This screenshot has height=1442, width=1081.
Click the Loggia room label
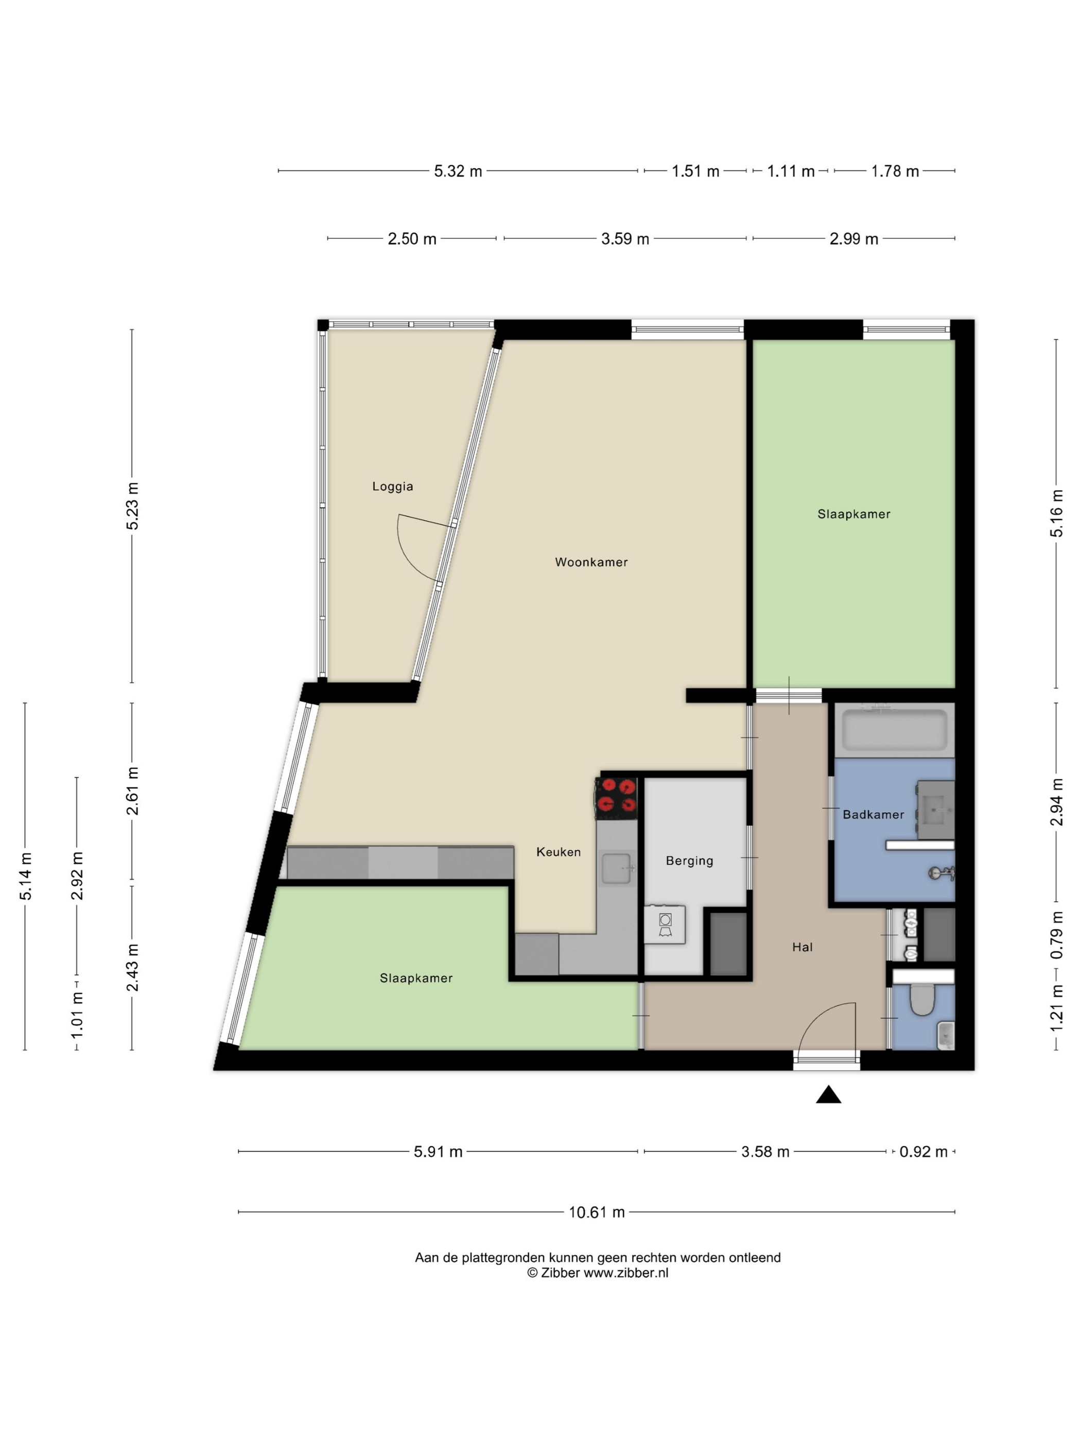(392, 486)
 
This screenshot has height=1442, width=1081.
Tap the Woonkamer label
(591, 562)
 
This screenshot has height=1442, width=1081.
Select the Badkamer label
(873, 814)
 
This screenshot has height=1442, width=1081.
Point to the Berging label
(689, 861)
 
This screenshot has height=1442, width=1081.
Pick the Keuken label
(559, 852)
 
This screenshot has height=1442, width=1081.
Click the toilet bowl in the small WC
(922, 1000)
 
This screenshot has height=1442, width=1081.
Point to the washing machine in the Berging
(665, 924)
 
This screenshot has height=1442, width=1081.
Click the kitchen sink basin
(616, 868)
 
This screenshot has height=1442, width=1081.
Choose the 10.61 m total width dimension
(596, 1212)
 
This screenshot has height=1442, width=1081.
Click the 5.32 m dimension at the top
(458, 171)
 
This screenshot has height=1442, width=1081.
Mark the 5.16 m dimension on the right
(1056, 513)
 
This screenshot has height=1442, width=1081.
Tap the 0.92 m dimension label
(923, 1152)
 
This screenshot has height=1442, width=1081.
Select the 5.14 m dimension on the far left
(25, 877)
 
